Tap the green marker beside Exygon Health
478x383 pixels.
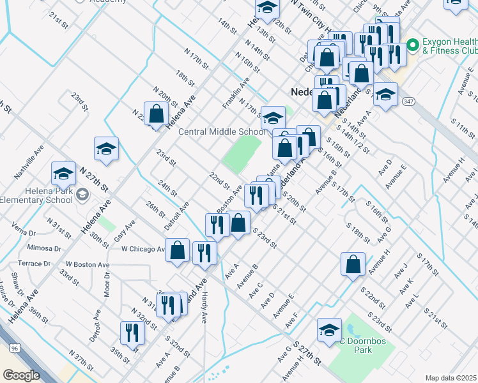coord(413,45)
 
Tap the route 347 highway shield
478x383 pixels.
coord(408,101)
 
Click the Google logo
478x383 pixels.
coord(21,375)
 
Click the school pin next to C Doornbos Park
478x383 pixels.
coord(329,331)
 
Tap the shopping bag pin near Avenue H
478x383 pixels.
coord(353,264)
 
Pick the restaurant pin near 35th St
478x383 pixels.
coord(132,333)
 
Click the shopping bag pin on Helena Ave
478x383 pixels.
coord(157,114)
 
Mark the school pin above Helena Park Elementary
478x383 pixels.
coord(63,174)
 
